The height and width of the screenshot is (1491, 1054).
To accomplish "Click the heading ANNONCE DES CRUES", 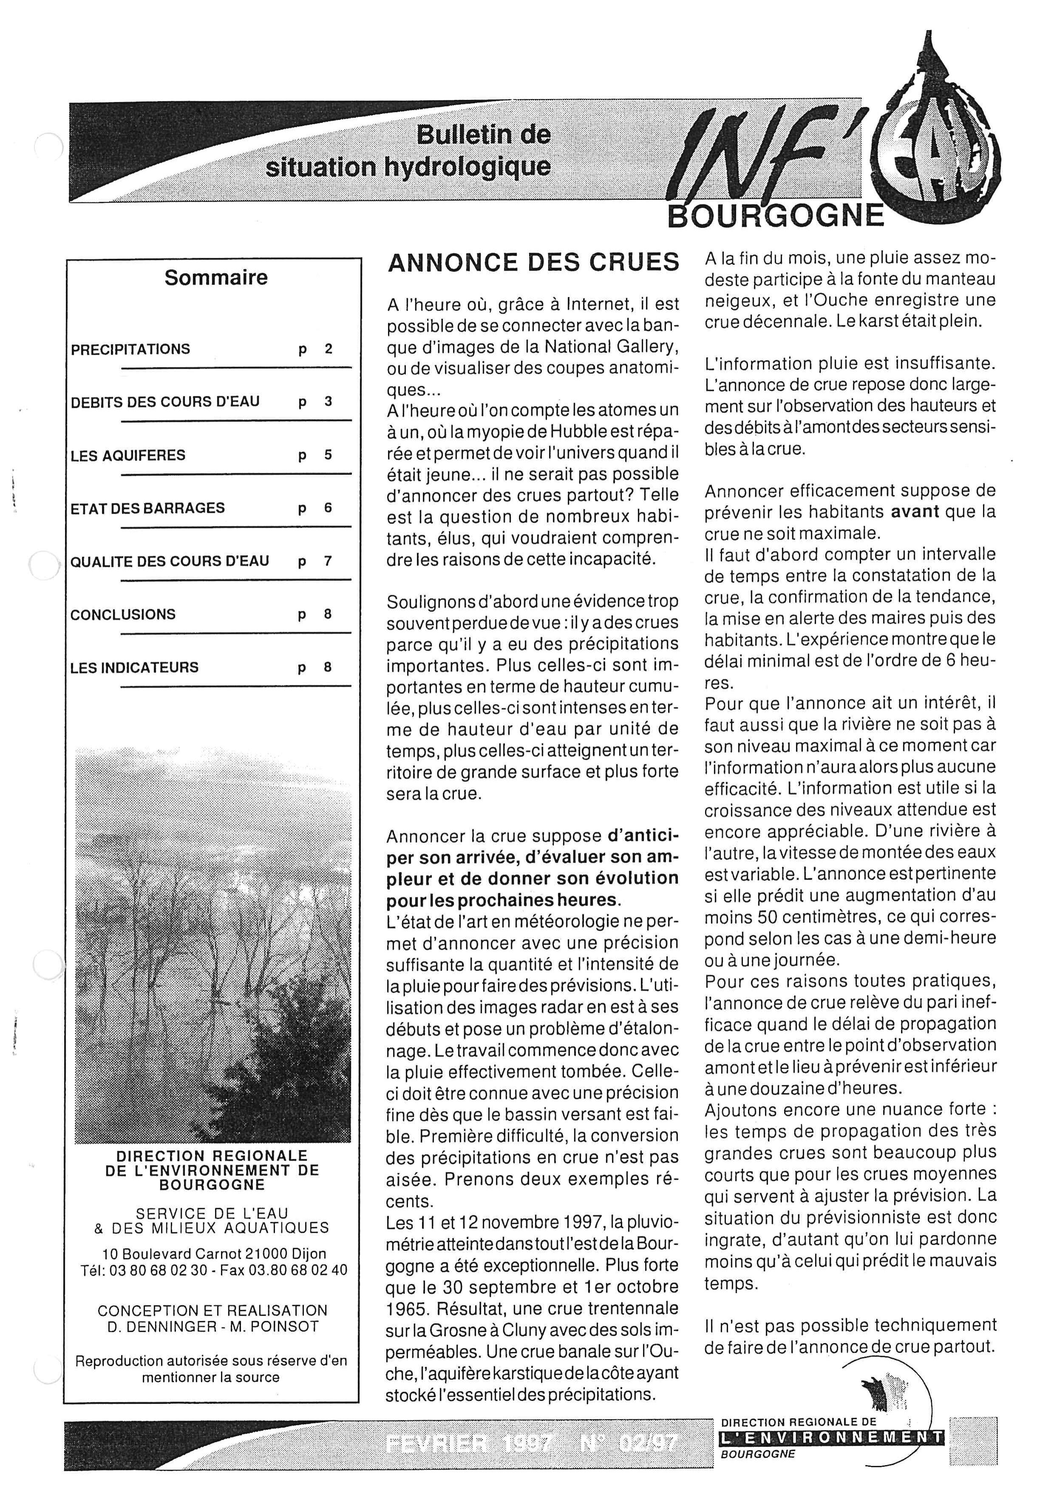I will click(x=533, y=262).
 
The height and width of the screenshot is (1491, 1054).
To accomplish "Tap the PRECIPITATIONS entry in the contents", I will click(x=130, y=349).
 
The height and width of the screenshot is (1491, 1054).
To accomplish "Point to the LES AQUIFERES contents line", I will click(x=128, y=455).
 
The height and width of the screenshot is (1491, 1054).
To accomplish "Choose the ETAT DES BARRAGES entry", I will click(x=147, y=508).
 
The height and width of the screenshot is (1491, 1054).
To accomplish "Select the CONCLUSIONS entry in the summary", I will click(x=123, y=614).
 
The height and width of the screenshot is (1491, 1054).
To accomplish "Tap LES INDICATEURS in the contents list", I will click(x=134, y=667).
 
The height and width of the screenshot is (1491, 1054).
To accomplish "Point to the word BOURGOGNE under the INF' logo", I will click(x=776, y=216).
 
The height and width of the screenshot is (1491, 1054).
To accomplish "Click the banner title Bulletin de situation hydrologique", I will click(x=409, y=151).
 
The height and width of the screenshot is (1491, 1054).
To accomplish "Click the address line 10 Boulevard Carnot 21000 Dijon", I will click(x=214, y=1254).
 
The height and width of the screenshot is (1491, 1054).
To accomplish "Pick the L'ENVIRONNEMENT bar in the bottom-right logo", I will click(x=831, y=1438).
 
